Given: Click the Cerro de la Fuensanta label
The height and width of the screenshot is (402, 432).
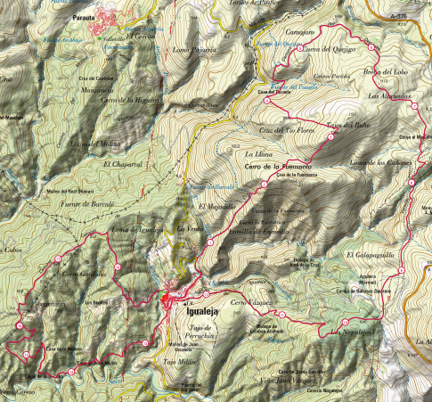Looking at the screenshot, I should [x=277, y=167].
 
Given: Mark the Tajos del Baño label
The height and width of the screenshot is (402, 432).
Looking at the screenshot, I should [x=348, y=125].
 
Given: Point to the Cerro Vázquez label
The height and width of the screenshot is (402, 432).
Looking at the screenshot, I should [x=249, y=304].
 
